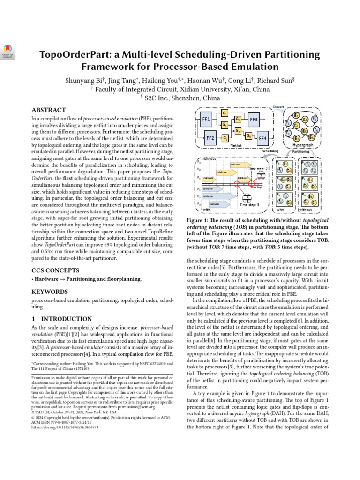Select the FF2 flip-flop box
[210, 138]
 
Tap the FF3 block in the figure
[254, 120]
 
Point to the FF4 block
[262, 138]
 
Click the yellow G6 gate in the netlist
[248, 135]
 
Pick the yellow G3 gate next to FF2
[225, 138]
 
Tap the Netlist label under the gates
[236, 146]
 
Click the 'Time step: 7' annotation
[258, 168]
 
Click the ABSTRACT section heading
[48, 110]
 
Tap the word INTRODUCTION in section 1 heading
[66, 319]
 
